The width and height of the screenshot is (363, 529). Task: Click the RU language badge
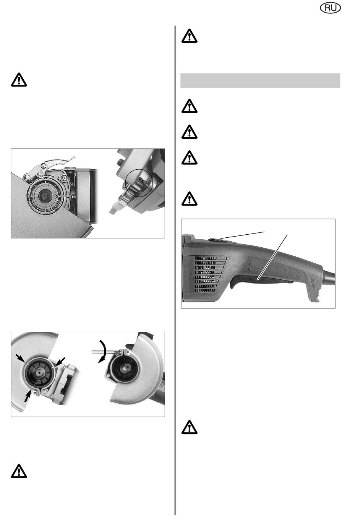pos(331,8)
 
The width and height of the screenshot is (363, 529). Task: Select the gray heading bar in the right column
pos(260,81)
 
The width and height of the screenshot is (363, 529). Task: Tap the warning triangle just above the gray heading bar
pos(189,36)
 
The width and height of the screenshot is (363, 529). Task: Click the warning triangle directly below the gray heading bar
pos(189,106)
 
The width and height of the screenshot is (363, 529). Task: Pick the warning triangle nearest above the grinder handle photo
pos(189,199)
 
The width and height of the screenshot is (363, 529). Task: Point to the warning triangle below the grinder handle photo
pos(189,427)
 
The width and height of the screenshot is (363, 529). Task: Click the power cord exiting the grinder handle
pos(329,276)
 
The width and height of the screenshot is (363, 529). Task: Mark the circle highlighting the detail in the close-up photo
pos(139,182)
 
